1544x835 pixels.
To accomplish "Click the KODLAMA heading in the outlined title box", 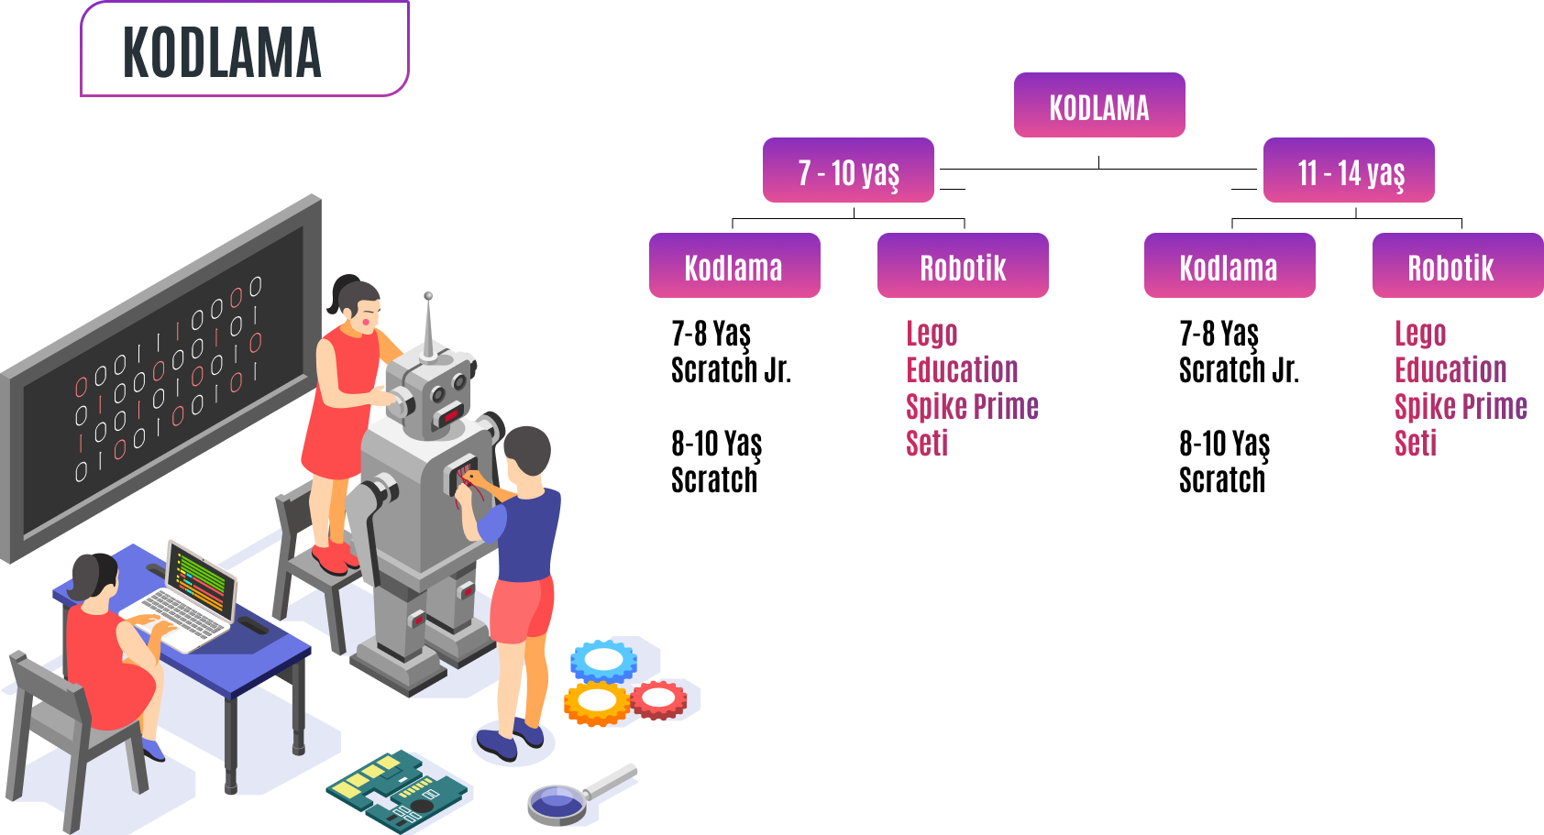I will click(222, 52).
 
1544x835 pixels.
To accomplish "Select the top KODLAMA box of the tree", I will click(1098, 106).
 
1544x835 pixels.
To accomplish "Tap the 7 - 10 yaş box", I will click(848, 171).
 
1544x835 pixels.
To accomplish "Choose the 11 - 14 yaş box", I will click(1349, 171).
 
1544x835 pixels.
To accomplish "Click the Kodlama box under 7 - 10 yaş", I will click(734, 267).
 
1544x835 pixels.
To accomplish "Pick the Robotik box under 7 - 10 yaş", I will click(963, 267).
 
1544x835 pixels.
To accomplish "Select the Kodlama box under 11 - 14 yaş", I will click(1229, 267).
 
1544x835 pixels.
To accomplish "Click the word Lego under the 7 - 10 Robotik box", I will click(932, 334).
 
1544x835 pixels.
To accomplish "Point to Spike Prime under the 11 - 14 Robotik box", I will click(1461, 406).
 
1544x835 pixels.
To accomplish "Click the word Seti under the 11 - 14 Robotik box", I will click(1416, 444).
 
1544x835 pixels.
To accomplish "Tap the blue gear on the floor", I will click(603, 660).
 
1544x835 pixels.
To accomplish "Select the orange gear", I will click(597, 702).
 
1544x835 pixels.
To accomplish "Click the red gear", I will click(658, 699).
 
